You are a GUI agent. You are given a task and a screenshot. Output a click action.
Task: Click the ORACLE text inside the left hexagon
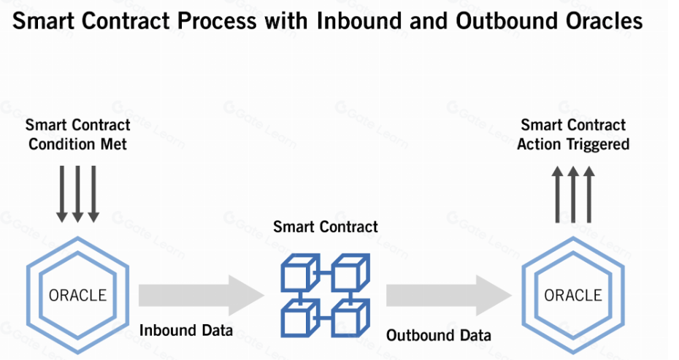click(77, 295)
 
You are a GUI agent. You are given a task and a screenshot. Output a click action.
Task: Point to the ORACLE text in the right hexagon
click(573, 295)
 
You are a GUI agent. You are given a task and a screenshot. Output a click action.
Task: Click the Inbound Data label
click(186, 331)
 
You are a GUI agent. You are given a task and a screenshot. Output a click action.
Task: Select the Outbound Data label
click(438, 335)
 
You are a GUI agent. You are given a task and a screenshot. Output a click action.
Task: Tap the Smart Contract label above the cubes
click(326, 226)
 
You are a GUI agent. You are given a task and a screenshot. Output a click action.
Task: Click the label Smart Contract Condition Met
click(77, 134)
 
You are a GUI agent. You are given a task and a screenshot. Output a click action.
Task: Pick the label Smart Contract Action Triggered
click(573, 134)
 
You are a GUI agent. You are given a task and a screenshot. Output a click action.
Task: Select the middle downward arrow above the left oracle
click(77, 193)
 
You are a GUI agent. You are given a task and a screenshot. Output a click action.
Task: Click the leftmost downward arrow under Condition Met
click(62, 193)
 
